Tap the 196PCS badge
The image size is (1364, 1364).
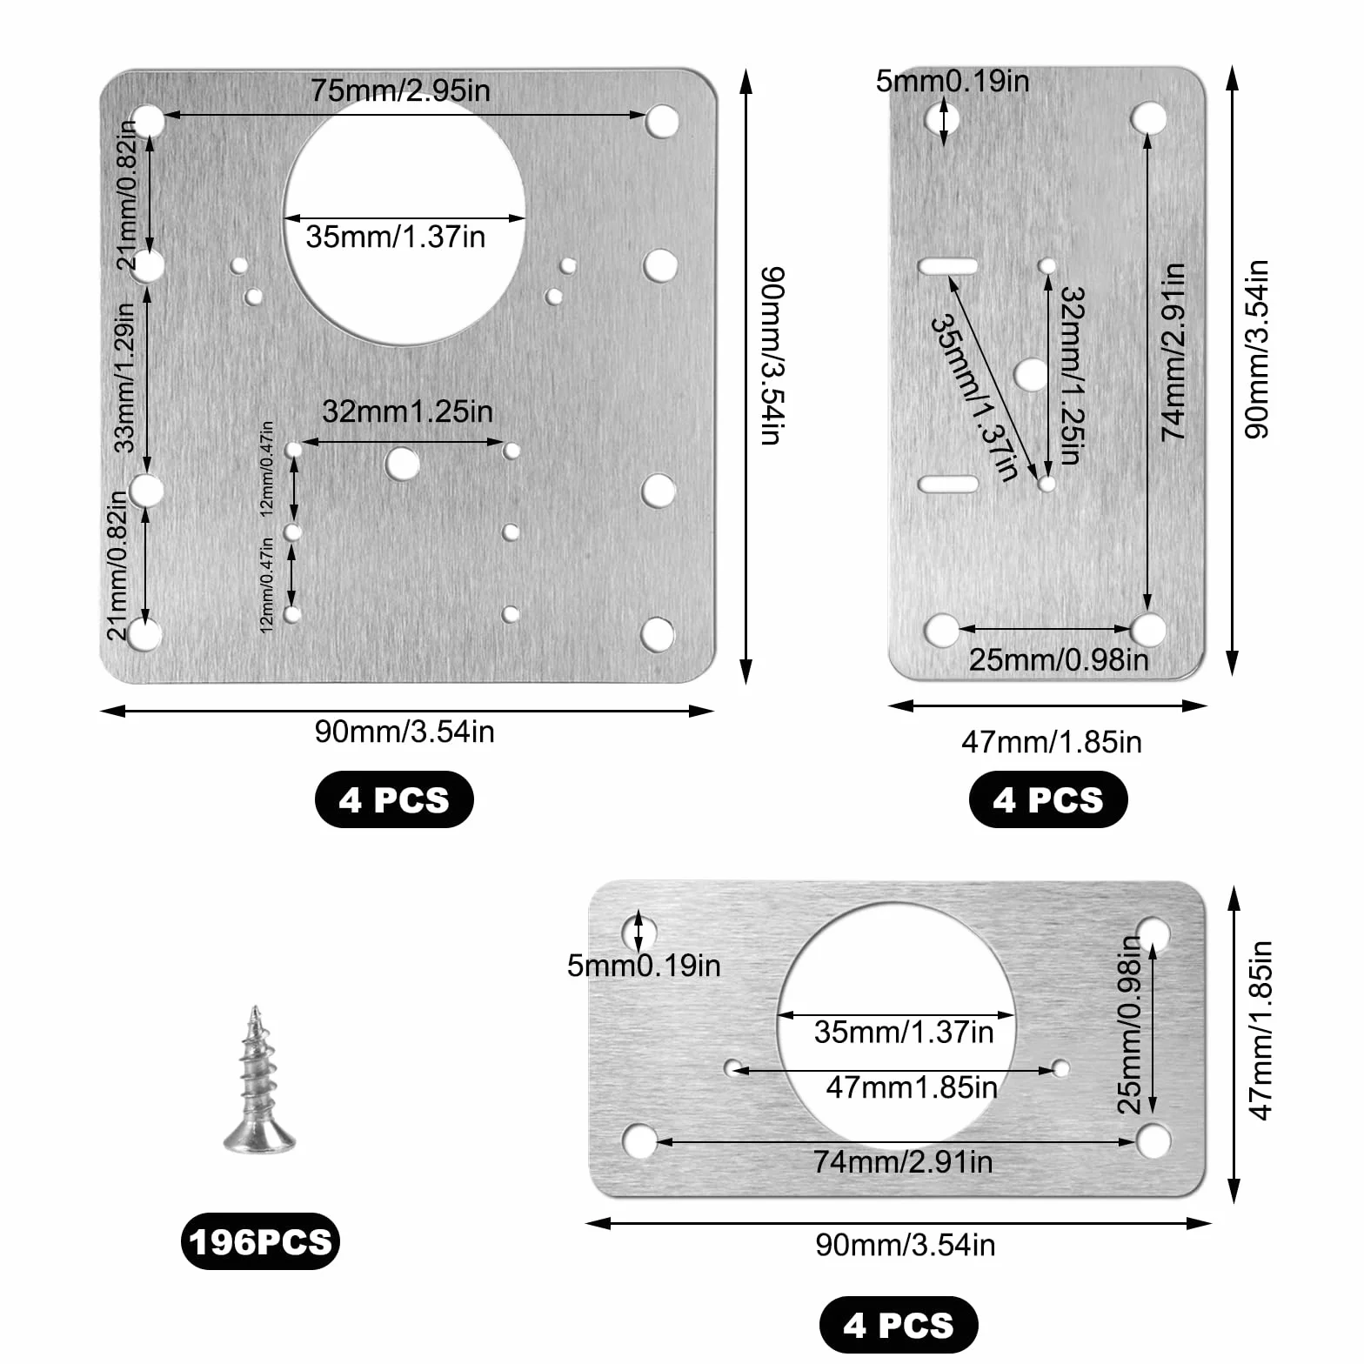[260, 1241]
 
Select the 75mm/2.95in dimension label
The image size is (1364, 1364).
[401, 90]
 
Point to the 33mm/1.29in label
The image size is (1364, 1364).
[125, 378]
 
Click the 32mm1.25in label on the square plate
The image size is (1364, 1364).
[407, 411]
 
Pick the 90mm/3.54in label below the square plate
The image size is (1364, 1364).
[405, 732]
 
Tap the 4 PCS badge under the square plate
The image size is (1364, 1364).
[394, 799]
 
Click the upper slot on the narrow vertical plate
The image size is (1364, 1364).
[948, 265]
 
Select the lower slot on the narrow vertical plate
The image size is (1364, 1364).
[948, 484]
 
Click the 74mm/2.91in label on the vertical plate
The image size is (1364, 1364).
[1174, 351]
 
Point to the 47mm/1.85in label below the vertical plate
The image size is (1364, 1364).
[1052, 742]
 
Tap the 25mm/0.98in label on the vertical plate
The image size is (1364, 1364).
[1059, 659]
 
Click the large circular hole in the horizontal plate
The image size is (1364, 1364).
[896, 1023]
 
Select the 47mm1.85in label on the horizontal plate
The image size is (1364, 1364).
[912, 1087]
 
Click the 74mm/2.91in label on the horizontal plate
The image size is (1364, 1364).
[903, 1162]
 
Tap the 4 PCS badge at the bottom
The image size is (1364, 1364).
[899, 1325]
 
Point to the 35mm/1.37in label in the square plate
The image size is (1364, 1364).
[396, 237]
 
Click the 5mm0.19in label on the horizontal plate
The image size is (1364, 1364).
[644, 966]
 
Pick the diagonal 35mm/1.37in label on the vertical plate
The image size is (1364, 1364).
[975, 398]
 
